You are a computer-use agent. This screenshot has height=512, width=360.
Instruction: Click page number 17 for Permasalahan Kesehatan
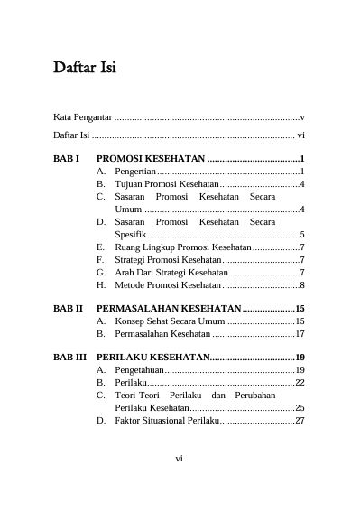point(300,333)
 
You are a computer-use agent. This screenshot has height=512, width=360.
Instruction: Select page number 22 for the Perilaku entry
point(300,383)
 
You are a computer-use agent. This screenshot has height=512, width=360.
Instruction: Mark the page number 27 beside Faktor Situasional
point(300,420)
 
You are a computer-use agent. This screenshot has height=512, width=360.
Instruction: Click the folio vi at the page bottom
point(180,458)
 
